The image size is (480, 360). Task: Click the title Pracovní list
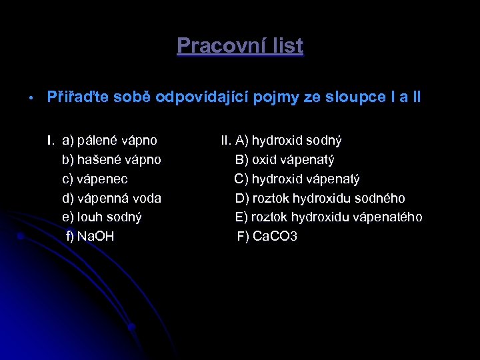240,46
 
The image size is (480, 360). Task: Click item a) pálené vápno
109,141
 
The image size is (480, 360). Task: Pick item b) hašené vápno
111,160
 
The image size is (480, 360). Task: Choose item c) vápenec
95,179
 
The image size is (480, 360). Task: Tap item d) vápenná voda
111,199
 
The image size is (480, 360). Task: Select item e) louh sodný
101,217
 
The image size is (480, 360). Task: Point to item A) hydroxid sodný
288,141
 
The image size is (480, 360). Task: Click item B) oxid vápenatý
285,160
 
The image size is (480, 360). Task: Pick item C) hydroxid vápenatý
297,179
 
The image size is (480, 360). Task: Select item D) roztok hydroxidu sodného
320,199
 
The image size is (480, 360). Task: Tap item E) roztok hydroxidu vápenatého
329,217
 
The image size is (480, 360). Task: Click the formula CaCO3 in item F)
275,237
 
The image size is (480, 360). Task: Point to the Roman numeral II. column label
226,141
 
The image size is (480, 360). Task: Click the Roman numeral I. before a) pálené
50,141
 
